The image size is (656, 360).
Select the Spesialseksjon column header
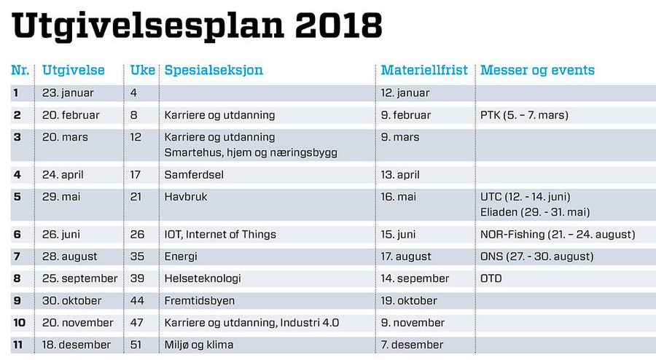(x=214, y=70)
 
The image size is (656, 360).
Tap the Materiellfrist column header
(x=424, y=70)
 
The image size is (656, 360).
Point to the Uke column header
(x=143, y=70)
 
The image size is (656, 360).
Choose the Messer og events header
(x=538, y=70)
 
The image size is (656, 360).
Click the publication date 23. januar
(x=68, y=93)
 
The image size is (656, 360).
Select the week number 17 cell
(x=135, y=175)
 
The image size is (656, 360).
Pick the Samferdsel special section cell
(x=194, y=175)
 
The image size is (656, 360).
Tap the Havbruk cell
(x=186, y=197)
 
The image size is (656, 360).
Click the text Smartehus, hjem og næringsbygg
(x=251, y=152)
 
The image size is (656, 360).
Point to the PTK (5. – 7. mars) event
(x=524, y=115)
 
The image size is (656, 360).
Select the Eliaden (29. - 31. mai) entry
(x=535, y=212)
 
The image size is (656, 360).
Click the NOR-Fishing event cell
(x=558, y=235)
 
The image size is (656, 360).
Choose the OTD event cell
(x=491, y=278)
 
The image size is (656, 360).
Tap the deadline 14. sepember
(x=415, y=279)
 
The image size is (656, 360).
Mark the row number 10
(x=19, y=323)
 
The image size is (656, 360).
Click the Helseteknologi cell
(x=203, y=279)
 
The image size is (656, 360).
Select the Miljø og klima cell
(x=199, y=345)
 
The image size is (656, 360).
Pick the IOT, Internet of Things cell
(x=220, y=235)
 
